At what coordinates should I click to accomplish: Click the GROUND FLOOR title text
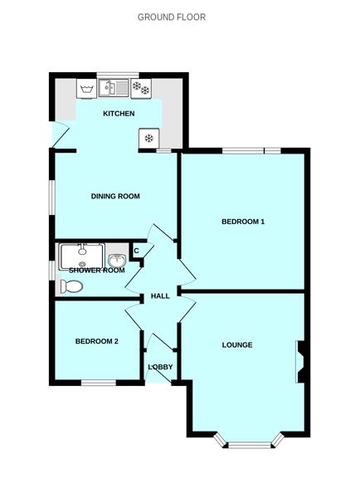click(x=172, y=17)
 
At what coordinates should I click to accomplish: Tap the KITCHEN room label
click(x=119, y=114)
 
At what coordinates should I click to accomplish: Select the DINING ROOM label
click(x=115, y=196)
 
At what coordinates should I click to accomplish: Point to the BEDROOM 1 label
click(x=243, y=222)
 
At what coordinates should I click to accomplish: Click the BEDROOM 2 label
click(x=97, y=341)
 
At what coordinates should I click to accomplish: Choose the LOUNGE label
click(x=237, y=344)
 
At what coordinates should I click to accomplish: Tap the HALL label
click(x=160, y=296)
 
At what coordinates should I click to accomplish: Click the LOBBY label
click(x=161, y=367)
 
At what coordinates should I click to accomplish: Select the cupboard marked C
click(x=137, y=251)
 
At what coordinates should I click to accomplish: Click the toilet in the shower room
click(x=71, y=286)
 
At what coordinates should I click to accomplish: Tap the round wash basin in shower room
click(x=117, y=261)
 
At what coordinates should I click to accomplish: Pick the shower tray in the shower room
click(x=82, y=256)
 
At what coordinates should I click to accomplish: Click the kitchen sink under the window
click(x=114, y=88)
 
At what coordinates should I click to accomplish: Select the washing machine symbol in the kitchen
click(x=86, y=89)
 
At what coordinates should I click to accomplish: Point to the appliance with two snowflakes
click(x=141, y=88)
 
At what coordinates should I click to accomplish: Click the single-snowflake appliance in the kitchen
click(x=148, y=138)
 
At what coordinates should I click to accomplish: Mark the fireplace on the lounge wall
click(x=300, y=361)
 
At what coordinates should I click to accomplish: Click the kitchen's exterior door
click(x=61, y=134)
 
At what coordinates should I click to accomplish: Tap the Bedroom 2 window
click(x=99, y=383)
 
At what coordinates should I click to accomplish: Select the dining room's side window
click(x=52, y=198)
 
